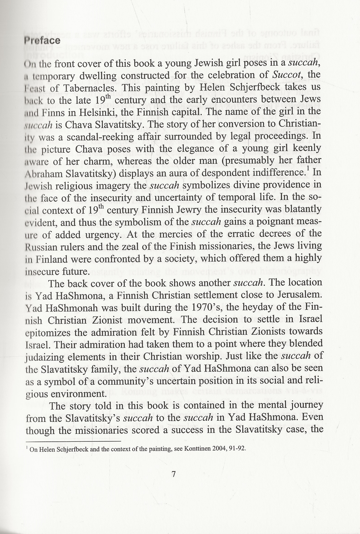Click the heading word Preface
tap(42, 40)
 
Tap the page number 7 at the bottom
tap(174, 474)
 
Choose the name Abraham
tap(44, 173)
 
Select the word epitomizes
tap(47, 332)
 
